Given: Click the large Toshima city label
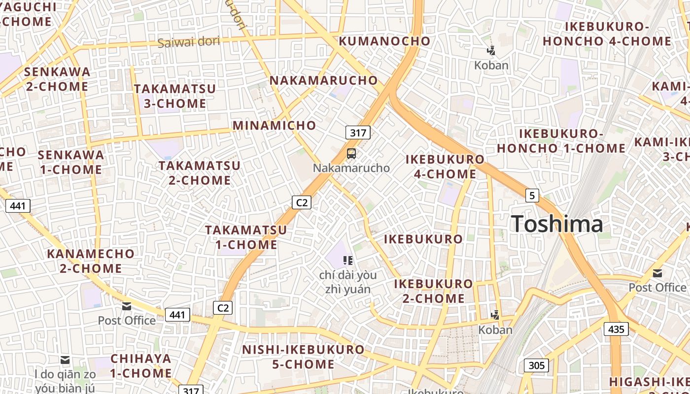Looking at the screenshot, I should (x=557, y=224).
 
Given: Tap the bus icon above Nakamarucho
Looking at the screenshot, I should (x=351, y=154).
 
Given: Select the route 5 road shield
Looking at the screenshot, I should (x=532, y=196).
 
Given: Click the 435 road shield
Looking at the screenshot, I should (x=616, y=329).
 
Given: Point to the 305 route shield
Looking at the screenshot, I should (x=536, y=365).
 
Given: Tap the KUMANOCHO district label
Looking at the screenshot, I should (x=385, y=41).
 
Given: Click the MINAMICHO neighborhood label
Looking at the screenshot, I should (x=275, y=125).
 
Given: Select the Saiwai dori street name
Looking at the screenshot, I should (x=189, y=42).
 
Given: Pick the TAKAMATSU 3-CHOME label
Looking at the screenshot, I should (x=175, y=96).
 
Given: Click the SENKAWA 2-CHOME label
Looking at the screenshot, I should (x=57, y=79).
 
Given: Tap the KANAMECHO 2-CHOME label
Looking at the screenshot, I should (x=91, y=261).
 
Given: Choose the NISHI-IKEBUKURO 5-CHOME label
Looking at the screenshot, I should (x=304, y=357).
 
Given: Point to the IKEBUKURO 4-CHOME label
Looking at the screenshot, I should (x=445, y=166).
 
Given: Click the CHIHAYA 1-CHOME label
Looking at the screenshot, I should (x=141, y=365).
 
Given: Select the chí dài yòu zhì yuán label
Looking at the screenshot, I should (x=348, y=282).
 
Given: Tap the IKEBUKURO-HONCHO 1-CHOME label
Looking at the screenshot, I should (x=561, y=141).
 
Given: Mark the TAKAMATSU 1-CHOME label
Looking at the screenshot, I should (x=246, y=237).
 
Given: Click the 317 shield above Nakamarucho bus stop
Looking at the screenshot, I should (x=358, y=132).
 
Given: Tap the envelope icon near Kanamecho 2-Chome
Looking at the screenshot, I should (x=127, y=306).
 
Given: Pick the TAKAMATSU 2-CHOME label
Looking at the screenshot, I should (x=200, y=172).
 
